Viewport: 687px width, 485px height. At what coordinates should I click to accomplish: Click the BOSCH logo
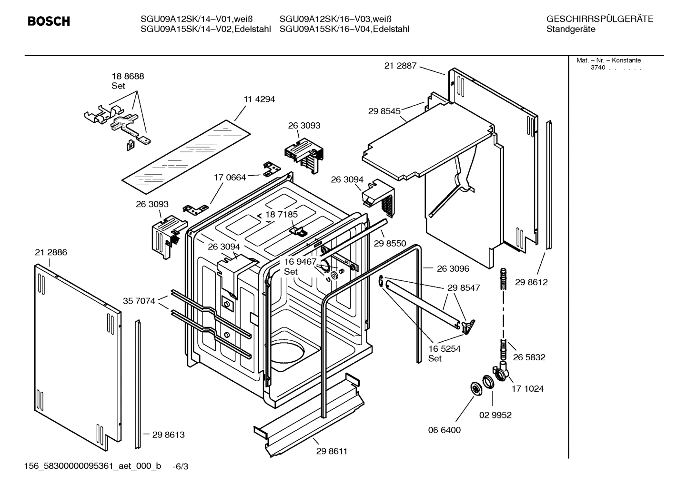pyautogui.click(x=49, y=21)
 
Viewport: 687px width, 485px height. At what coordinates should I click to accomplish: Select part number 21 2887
pyautogui.click(x=400, y=66)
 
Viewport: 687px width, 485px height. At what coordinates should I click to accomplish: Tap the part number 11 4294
pyautogui.click(x=259, y=99)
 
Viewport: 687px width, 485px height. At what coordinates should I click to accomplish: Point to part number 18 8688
pyautogui.click(x=128, y=76)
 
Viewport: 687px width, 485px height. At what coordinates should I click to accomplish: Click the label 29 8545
pyautogui.click(x=384, y=111)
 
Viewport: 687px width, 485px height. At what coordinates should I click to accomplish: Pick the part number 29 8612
pyautogui.click(x=531, y=282)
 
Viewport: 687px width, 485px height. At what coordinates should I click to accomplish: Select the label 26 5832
pyautogui.click(x=529, y=357)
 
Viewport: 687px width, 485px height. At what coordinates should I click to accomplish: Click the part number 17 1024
pyautogui.click(x=527, y=389)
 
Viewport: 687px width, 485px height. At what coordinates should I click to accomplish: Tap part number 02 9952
pyautogui.click(x=495, y=415)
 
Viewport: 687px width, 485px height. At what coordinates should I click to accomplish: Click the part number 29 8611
pyautogui.click(x=332, y=451)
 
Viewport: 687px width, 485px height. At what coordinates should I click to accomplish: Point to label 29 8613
pyautogui.click(x=168, y=435)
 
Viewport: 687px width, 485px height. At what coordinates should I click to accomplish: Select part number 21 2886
pyautogui.click(x=51, y=253)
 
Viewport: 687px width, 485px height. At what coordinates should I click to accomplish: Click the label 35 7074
pyautogui.click(x=139, y=301)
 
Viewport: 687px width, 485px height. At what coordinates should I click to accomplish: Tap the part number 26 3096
pyautogui.click(x=453, y=269)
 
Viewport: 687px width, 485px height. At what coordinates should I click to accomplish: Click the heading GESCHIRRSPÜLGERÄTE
pyautogui.click(x=599, y=20)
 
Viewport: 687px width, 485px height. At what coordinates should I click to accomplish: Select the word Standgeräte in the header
pyautogui.click(x=571, y=30)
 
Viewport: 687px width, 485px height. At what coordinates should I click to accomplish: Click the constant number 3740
pyautogui.click(x=597, y=68)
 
